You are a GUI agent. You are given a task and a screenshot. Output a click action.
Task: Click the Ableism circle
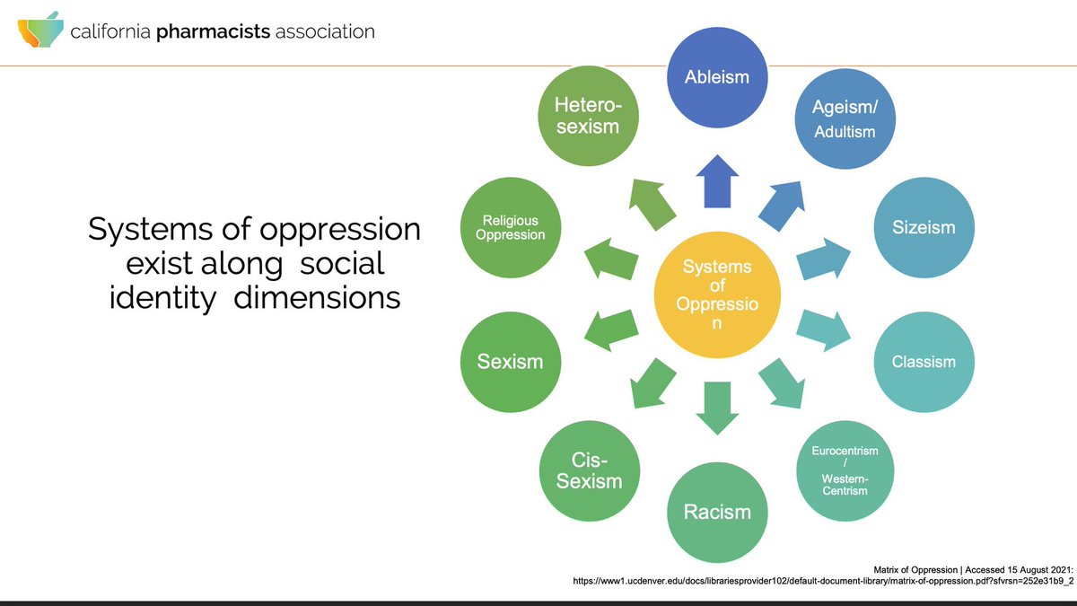coord(716,77)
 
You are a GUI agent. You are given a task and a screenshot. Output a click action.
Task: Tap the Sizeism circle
coord(924,228)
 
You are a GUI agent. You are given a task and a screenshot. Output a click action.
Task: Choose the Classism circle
coord(924,363)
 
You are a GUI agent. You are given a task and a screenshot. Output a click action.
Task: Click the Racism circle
coord(716,512)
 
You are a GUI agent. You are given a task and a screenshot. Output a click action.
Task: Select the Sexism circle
coord(510,363)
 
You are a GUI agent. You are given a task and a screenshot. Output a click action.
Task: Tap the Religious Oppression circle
coord(510,228)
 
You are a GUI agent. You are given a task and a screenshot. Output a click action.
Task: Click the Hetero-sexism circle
coord(588,118)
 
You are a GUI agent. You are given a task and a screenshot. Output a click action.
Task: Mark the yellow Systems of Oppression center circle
coord(716,294)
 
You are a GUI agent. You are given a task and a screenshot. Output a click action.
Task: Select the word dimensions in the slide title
coord(317,297)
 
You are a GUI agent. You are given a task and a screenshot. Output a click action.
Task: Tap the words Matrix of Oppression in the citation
coord(916,568)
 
